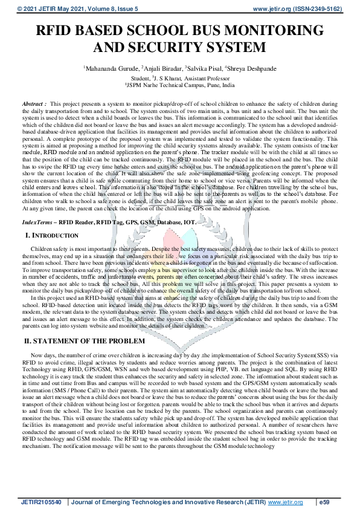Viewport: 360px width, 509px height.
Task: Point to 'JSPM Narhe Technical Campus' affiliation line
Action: pos(181,86)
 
